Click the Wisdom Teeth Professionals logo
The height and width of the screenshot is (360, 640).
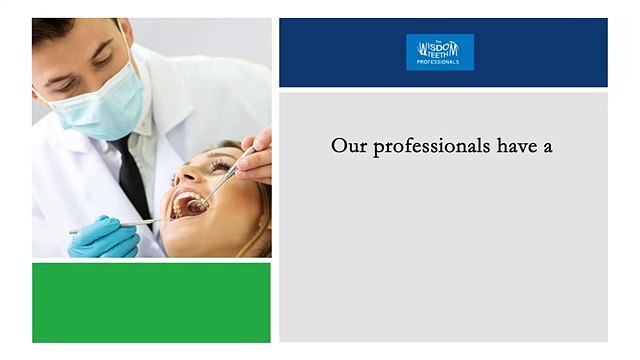[440, 52]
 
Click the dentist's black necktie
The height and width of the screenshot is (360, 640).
[133, 179]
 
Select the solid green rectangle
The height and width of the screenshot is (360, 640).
[151, 302]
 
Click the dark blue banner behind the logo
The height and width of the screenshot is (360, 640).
[540, 52]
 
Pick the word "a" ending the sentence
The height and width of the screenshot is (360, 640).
[548, 147]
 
